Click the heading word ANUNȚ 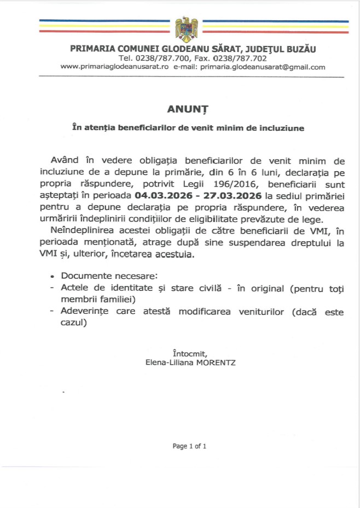(x=179, y=108)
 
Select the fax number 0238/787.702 (x=242, y=58)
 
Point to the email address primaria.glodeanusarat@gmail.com (x=263, y=67)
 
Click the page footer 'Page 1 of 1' (x=189, y=446)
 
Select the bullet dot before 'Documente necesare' (x=53, y=277)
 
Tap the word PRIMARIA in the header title (x=90, y=49)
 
